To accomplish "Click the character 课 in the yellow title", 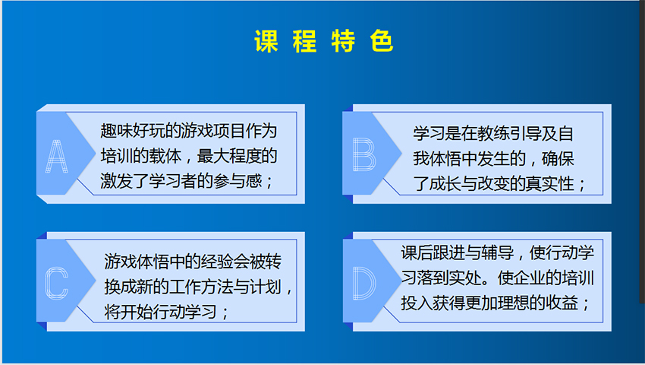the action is pyautogui.click(x=266, y=41).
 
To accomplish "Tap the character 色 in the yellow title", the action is pyautogui.click(x=382, y=41).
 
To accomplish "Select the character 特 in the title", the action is pyautogui.click(x=343, y=41).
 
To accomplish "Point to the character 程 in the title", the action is pyautogui.click(x=305, y=41).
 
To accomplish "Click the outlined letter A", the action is pyautogui.click(x=56, y=157).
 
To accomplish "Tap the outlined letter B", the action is pyautogui.click(x=364, y=154).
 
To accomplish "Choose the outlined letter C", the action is pyautogui.click(x=56, y=283).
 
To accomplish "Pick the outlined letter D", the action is pyautogui.click(x=364, y=283).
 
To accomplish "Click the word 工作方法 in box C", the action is pyautogui.click(x=201, y=287).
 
